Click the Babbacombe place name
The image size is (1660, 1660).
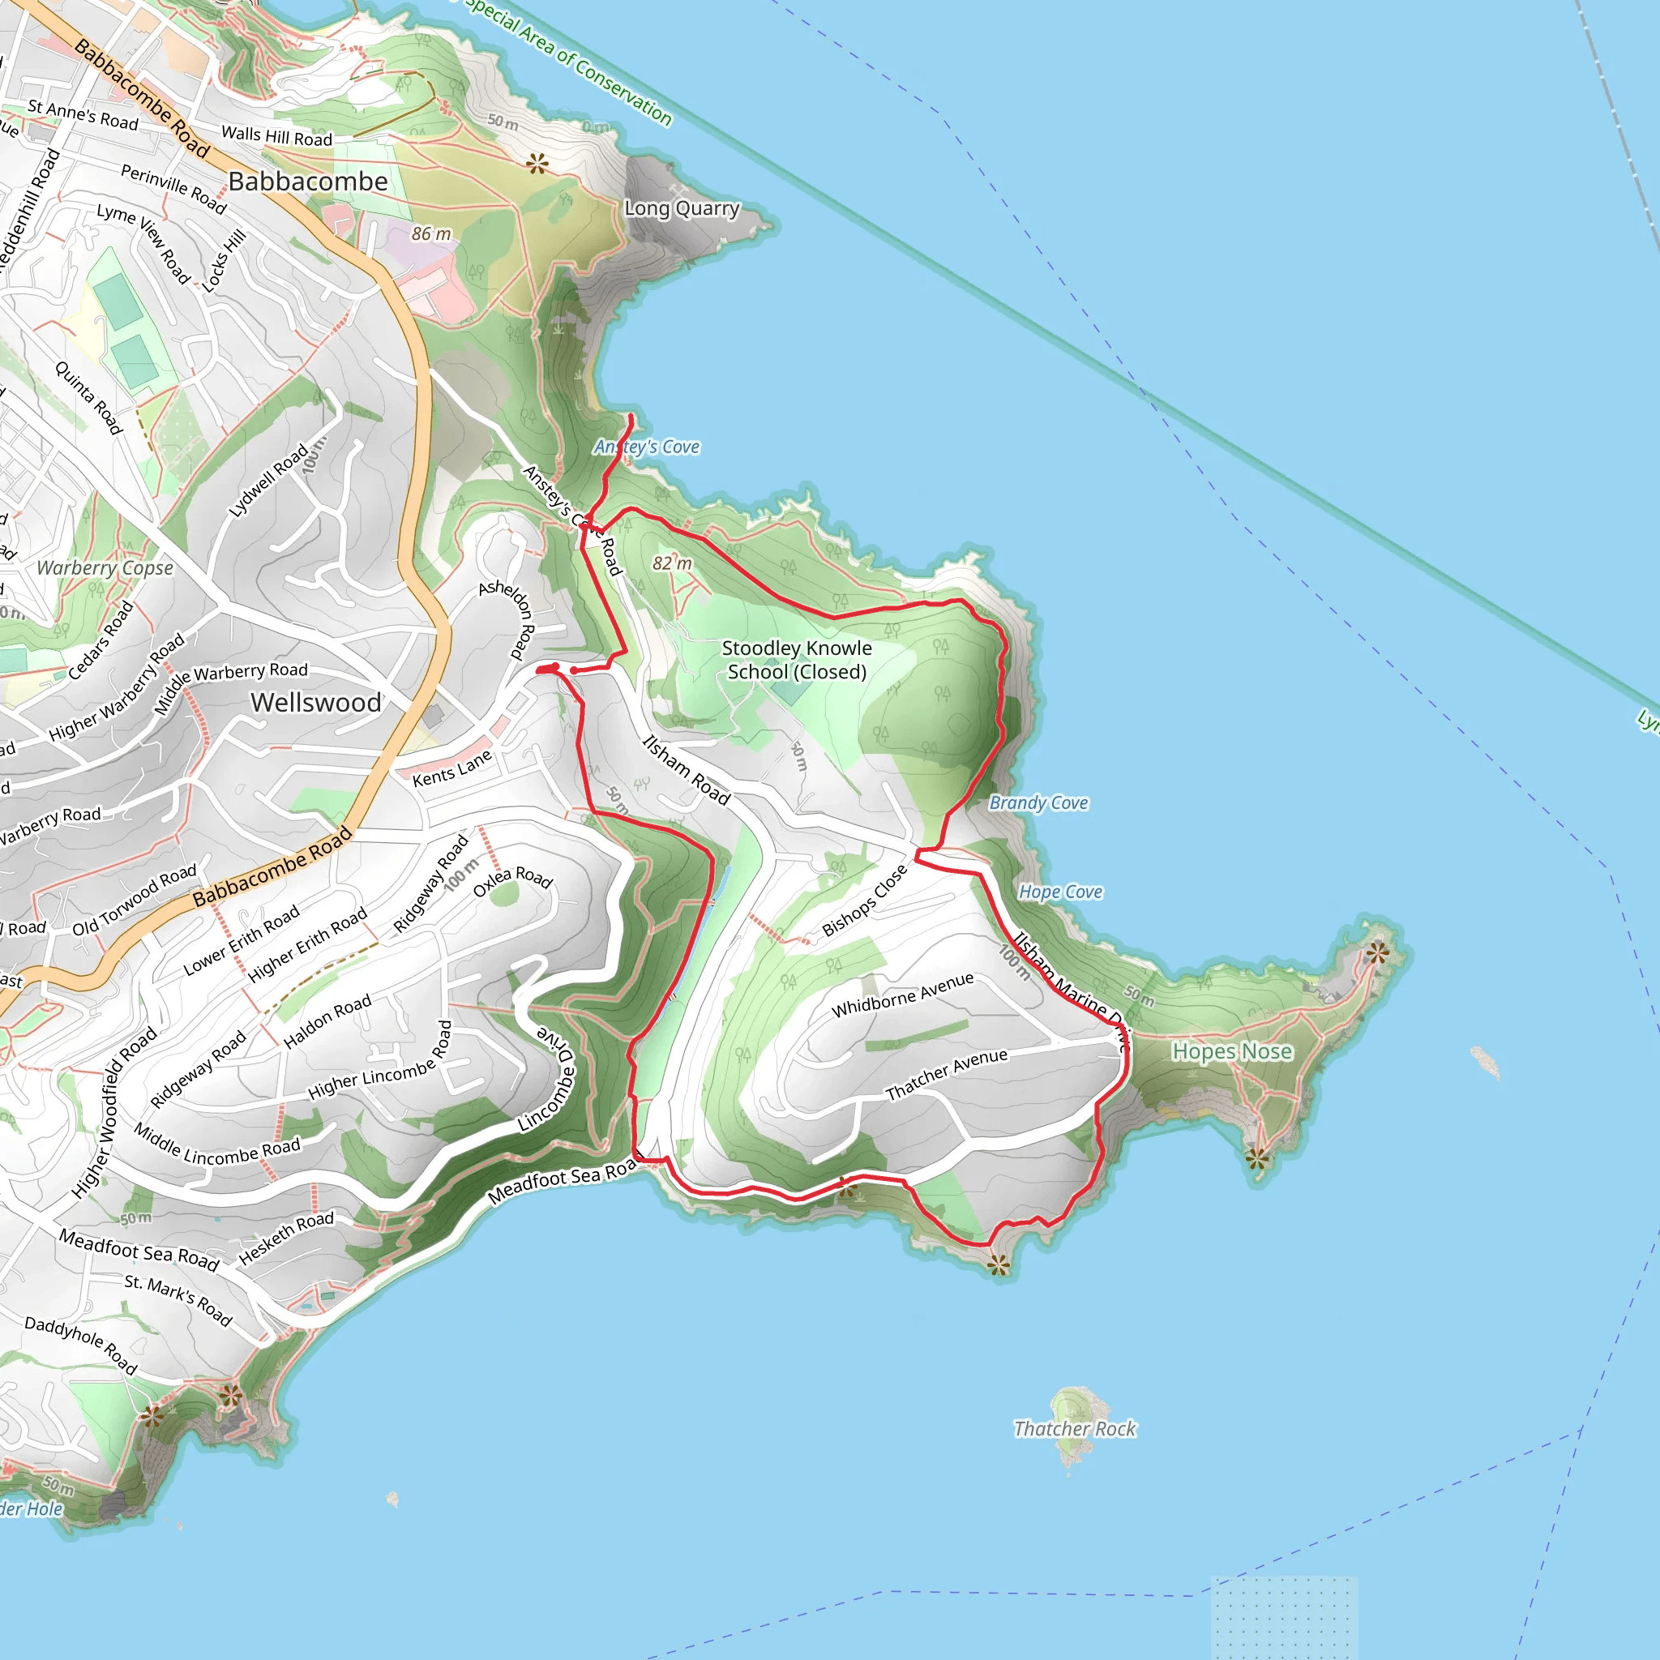307,182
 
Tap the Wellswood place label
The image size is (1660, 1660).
316,703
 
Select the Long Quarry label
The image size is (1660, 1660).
682,208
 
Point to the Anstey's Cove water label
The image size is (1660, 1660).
647,447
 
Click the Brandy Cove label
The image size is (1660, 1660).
1038,802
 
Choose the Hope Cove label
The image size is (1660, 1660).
1060,892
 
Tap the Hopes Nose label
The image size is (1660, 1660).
1231,1051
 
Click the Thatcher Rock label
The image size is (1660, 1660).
1074,1429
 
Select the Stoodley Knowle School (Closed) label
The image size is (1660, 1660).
797,660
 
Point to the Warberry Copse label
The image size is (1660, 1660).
105,568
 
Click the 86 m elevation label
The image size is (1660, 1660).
430,233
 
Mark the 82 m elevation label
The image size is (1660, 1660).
672,563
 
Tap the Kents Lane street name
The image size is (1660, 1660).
452,768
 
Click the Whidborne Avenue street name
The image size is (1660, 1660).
902,995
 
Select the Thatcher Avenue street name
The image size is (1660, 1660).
946,1074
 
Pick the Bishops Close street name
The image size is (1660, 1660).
864,901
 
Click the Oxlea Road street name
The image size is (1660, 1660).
512,882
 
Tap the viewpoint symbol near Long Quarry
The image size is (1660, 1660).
538,162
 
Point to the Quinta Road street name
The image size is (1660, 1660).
88,397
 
